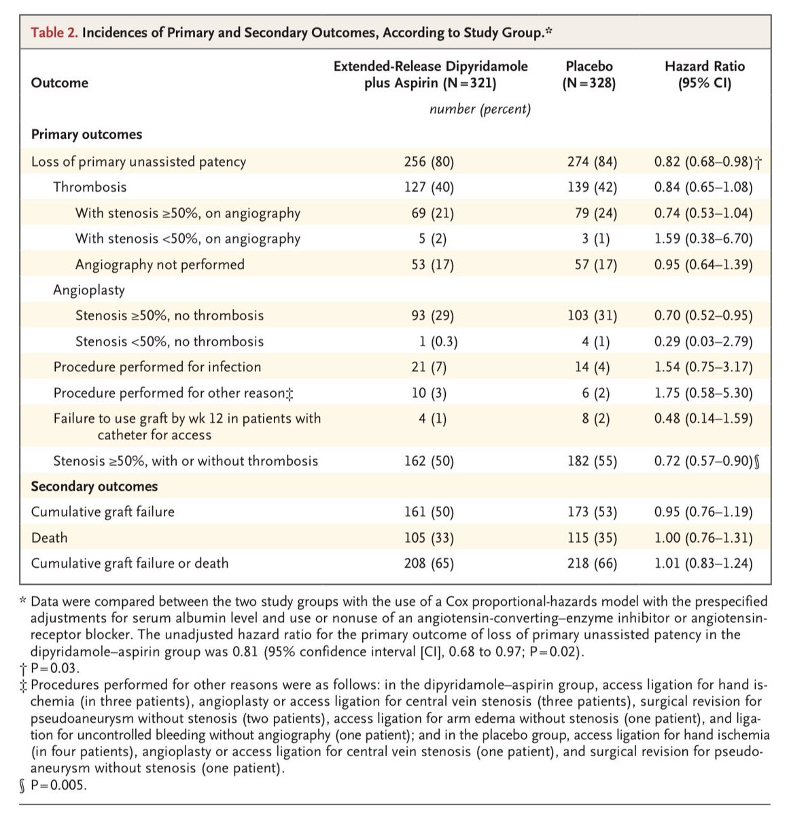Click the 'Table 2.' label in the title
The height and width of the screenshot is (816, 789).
(54, 33)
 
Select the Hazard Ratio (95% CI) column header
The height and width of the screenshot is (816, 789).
(704, 75)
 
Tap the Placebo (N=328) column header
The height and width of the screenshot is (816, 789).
(589, 75)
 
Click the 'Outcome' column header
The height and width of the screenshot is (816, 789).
(60, 83)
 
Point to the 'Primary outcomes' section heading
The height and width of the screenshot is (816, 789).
(86, 134)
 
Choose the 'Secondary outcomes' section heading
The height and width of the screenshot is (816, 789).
(94, 486)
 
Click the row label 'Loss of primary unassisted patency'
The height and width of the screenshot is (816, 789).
(139, 162)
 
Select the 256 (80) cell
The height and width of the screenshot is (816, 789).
(428, 162)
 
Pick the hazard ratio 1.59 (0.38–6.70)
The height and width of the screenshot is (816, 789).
(703, 239)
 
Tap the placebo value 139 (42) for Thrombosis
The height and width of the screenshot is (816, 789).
(592, 187)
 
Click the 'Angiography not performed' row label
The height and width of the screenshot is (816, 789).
(160, 265)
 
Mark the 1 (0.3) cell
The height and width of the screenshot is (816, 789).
(433, 341)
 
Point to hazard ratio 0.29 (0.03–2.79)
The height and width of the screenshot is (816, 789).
(703, 341)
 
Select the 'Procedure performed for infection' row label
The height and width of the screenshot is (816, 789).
(157, 367)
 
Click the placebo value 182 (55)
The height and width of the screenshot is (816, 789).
(592, 461)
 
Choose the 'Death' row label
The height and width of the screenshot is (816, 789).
(50, 538)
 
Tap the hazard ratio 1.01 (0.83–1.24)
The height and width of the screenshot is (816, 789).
(703, 563)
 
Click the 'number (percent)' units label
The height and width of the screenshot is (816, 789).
(480, 109)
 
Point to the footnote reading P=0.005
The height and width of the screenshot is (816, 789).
(53, 785)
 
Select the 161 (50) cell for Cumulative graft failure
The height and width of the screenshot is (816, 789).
(428, 512)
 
